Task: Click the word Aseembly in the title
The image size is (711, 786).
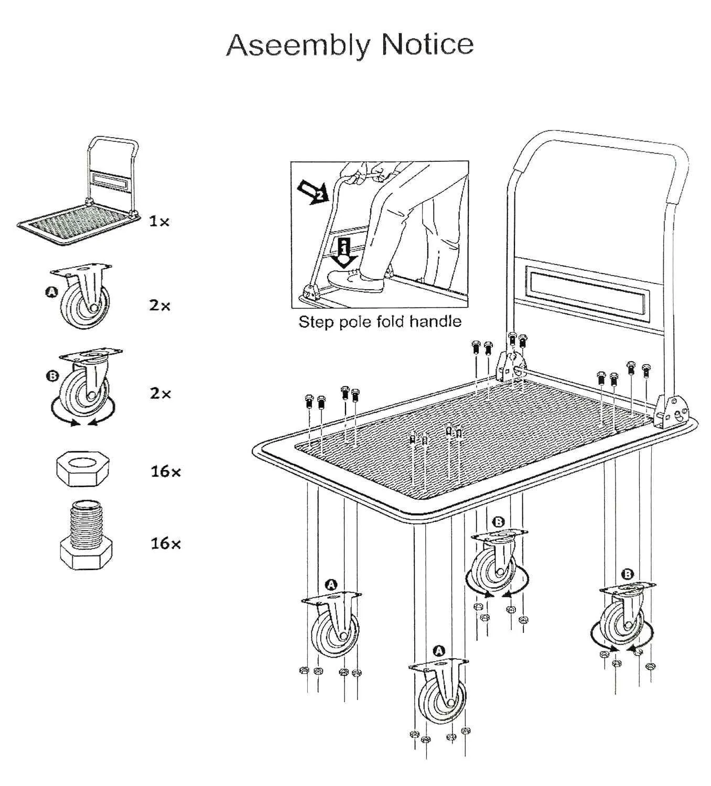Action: pyautogui.click(x=298, y=45)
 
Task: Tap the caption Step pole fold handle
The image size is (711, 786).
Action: pyautogui.click(x=380, y=321)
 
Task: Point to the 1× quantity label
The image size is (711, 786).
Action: pyautogui.click(x=159, y=222)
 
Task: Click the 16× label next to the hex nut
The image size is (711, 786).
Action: pyautogui.click(x=166, y=472)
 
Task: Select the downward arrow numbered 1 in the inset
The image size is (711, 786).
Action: pyautogui.click(x=344, y=252)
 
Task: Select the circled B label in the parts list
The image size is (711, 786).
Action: pyautogui.click(x=52, y=376)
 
